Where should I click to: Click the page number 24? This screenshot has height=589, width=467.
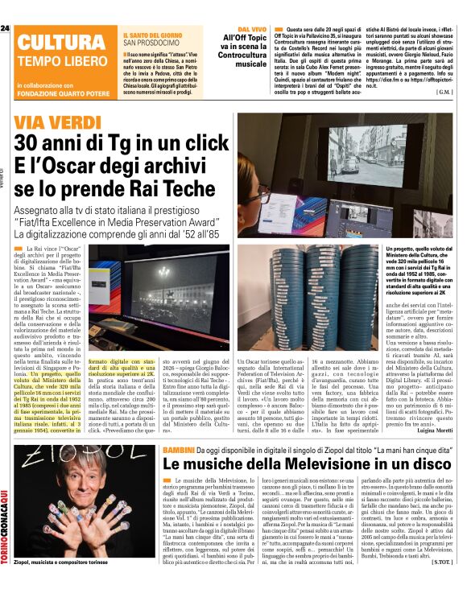click(x=6, y=28)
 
